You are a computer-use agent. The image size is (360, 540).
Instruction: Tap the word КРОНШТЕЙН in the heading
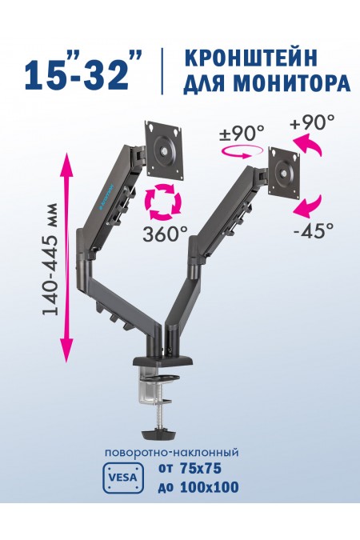250,58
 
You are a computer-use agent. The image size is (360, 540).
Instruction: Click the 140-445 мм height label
50,259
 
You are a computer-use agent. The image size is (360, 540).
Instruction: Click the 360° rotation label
165,234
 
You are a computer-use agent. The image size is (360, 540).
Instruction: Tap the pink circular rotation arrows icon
164,202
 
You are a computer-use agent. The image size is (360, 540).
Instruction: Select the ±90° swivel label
242,133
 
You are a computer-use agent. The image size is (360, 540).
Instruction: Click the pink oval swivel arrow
241,152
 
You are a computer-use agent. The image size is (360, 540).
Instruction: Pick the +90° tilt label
312,122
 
